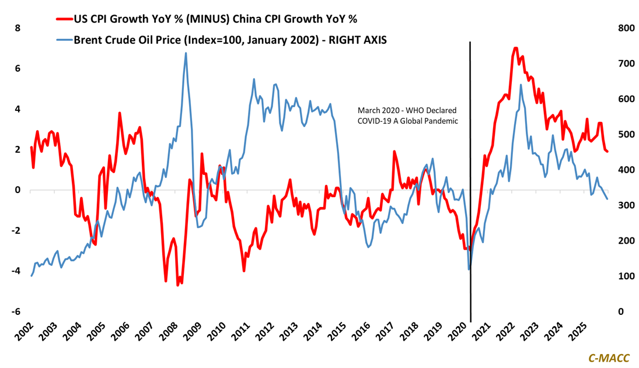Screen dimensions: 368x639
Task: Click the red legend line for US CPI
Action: tap(64, 19)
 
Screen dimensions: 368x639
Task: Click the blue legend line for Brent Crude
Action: tap(64, 40)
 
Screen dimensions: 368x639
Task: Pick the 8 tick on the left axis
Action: tap(17, 28)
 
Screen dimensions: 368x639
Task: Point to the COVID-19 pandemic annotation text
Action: tap(407, 115)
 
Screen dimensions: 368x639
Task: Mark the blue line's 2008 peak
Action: tap(186, 53)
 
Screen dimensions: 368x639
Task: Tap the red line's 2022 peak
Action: tap(515, 48)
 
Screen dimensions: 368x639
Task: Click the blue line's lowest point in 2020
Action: tap(469, 269)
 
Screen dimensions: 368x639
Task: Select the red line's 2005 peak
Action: tap(119, 113)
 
